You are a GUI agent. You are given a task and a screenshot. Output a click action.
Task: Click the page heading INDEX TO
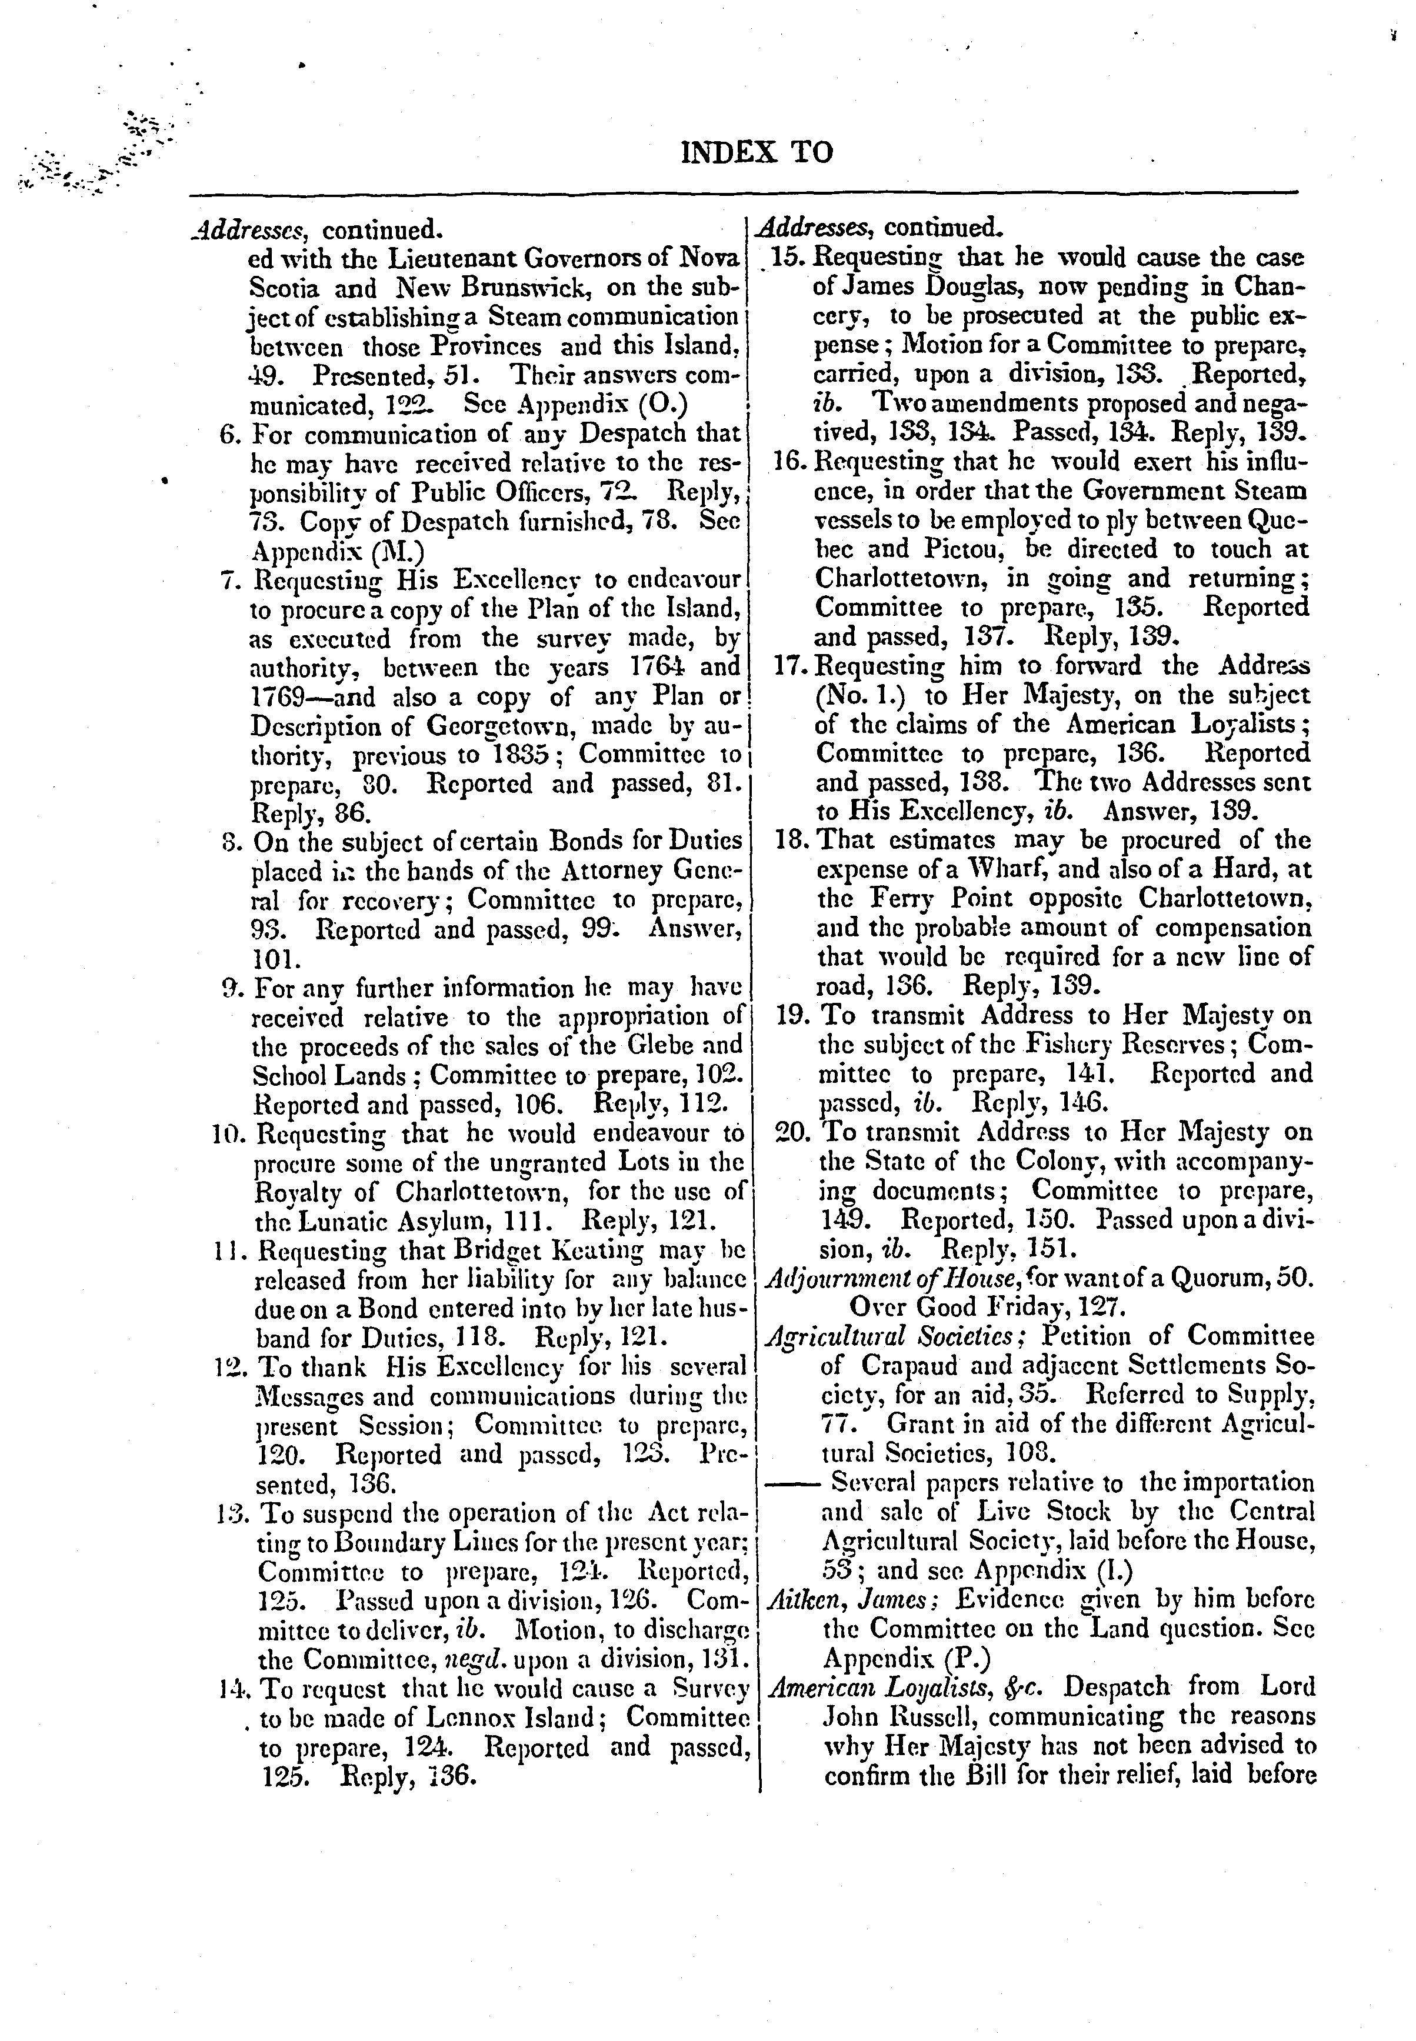tap(757, 152)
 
